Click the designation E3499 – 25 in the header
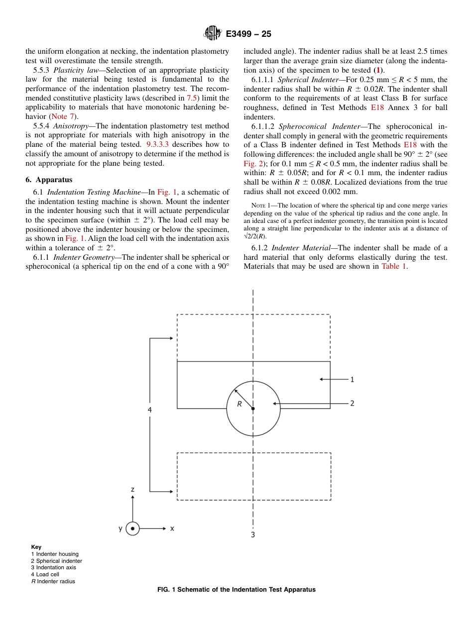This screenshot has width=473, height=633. [x=248, y=34]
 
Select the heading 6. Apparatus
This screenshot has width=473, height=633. [x=49, y=180]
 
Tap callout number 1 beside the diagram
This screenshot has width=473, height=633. [x=352, y=380]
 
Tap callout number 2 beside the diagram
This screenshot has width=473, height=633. [x=352, y=403]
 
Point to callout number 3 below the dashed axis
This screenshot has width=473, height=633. [x=253, y=535]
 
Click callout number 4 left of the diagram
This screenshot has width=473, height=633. [x=150, y=410]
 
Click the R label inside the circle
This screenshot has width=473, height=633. [x=239, y=404]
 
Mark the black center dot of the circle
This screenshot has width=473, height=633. [x=253, y=409]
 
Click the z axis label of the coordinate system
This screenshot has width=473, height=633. [x=132, y=489]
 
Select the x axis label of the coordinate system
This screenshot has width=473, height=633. [x=172, y=528]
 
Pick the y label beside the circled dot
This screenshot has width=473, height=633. [x=120, y=528]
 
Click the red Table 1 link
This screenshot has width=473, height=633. [x=394, y=266]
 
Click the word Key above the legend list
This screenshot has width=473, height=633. [x=36, y=547]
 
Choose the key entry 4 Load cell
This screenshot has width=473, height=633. [x=45, y=574]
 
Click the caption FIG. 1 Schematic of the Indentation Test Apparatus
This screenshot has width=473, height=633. [x=236, y=590]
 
